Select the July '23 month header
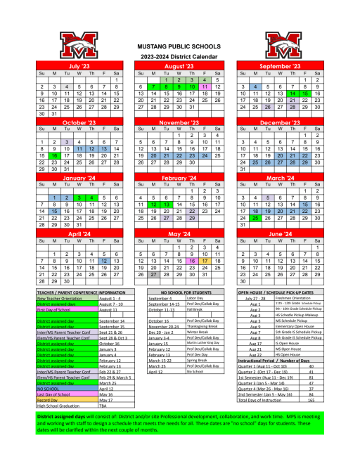[x=79, y=65]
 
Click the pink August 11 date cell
[x=205, y=86]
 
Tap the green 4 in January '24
[x=91, y=198]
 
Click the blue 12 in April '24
[x=104, y=260]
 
